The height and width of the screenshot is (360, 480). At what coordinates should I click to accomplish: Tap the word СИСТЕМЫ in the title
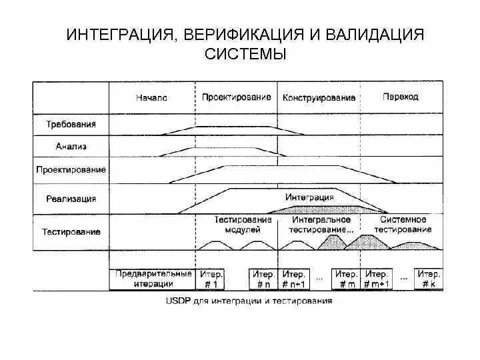click(245, 54)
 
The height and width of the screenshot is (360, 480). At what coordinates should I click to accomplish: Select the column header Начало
click(151, 97)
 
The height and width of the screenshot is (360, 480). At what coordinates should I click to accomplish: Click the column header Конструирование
click(319, 97)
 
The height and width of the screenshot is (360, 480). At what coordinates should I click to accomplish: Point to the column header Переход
click(401, 97)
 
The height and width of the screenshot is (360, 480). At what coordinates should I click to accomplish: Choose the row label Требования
click(71, 124)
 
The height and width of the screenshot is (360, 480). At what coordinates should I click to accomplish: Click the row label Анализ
click(71, 146)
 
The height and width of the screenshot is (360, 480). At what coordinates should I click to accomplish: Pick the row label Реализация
click(71, 199)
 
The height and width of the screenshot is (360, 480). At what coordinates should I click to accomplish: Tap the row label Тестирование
click(71, 232)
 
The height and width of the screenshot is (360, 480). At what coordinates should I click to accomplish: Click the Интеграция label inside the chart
click(309, 197)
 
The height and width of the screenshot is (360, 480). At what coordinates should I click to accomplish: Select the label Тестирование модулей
click(243, 224)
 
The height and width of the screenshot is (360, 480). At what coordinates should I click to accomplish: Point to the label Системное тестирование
click(403, 224)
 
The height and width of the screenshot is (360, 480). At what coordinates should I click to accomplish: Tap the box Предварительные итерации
click(153, 279)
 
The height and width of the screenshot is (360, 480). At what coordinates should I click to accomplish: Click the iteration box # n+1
click(293, 279)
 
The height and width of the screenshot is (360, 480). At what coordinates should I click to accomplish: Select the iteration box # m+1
click(377, 279)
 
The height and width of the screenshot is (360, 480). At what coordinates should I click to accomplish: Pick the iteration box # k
click(427, 279)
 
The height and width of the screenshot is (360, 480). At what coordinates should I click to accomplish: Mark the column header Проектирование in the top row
click(236, 97)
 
